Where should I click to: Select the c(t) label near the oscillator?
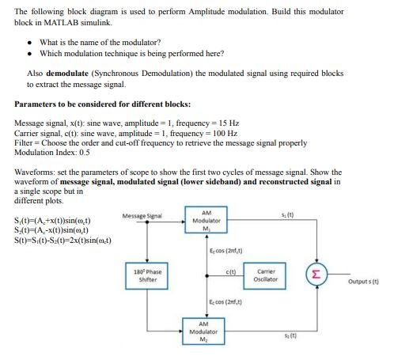pos(232,272)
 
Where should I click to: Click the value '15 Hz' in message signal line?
pos(227,123)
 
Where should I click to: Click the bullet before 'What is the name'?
pos(30,42)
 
